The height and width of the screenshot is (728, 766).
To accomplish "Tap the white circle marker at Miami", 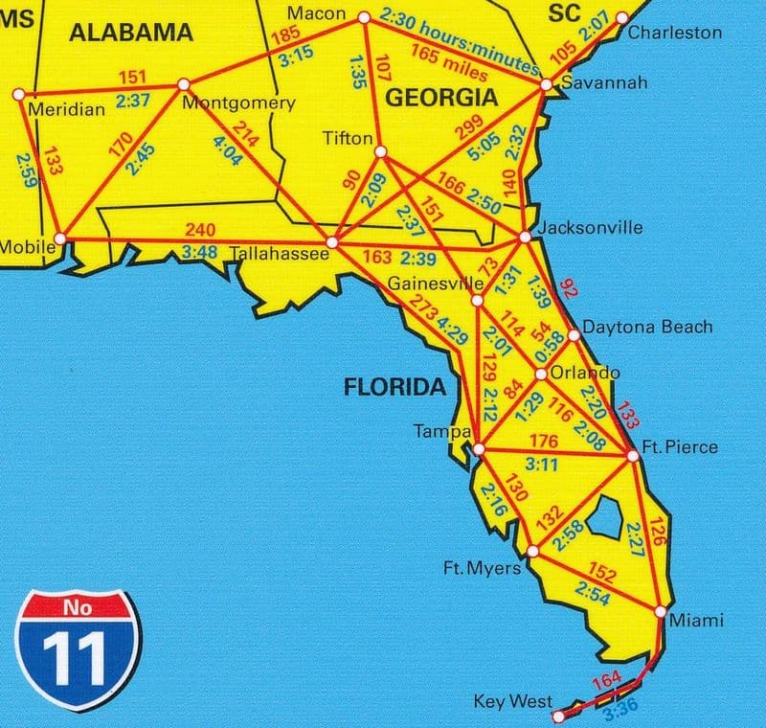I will tap(660, 610).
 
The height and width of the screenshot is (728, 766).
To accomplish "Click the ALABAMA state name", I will tap(131, 33).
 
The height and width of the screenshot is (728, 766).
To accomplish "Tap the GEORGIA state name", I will tap(440, 97).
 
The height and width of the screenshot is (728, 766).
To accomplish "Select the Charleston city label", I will tap(675, 33).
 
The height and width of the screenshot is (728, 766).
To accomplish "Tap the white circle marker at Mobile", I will tap(60, 237).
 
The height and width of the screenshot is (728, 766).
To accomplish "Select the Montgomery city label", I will tap(237, 103).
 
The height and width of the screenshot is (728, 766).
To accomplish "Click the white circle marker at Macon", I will tap(363, 18).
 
